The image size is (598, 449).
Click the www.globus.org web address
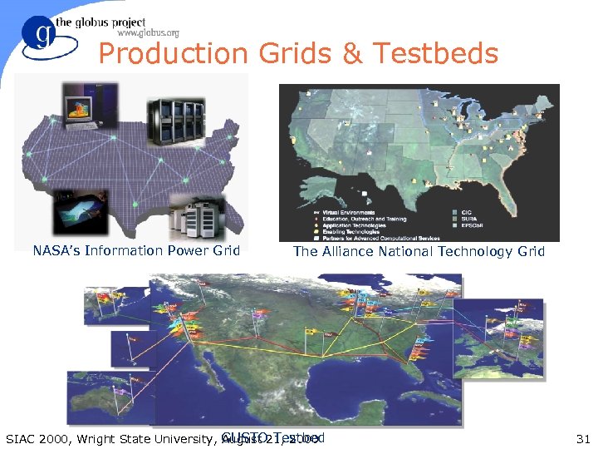[149, 33]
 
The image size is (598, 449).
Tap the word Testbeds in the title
[435, 54]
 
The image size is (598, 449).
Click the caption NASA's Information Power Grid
[136, 250]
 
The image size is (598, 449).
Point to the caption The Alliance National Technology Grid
[419, 251]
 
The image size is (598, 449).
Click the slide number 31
[582, 439]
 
